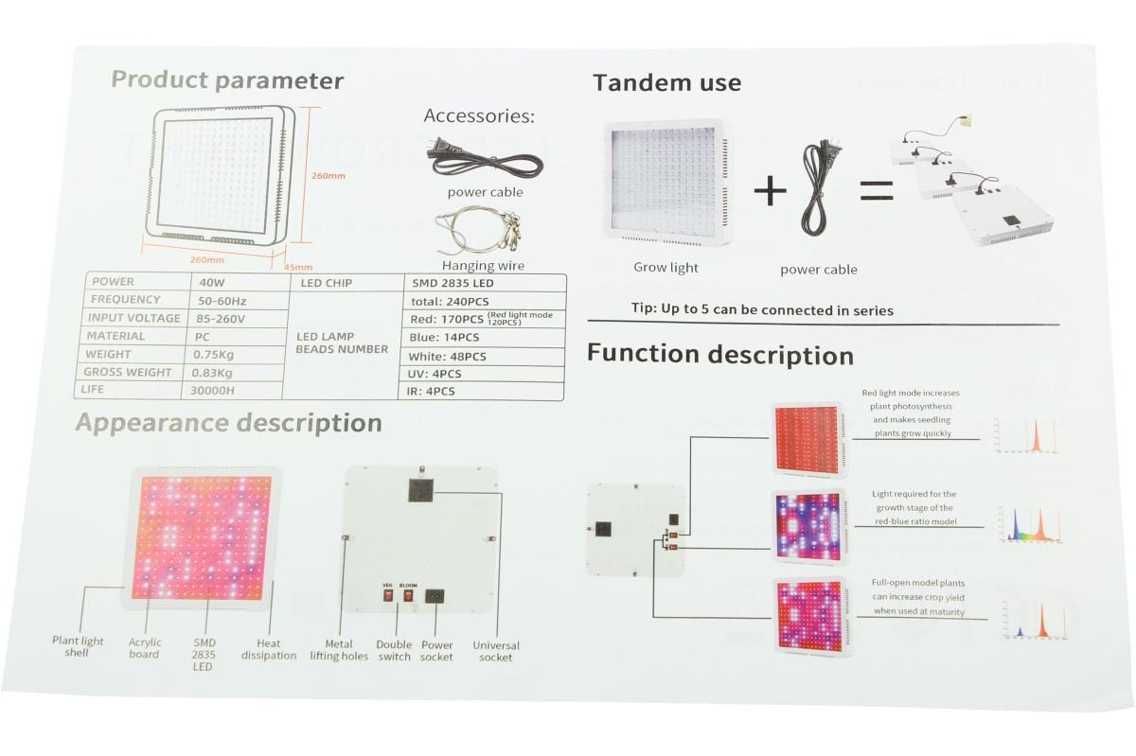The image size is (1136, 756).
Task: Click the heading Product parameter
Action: [227, 80]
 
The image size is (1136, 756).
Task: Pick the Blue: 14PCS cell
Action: [445, 337]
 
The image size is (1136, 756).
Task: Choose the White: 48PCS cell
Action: [448, 357]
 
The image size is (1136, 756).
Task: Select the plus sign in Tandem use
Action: [771, 190]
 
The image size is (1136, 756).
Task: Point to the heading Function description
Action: [719, 355]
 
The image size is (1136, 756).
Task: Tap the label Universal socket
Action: [496, 651]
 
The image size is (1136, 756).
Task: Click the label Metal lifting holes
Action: [339, 650]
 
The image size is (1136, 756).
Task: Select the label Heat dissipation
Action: [269, 649]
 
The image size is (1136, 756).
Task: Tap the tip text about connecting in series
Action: [762, 310]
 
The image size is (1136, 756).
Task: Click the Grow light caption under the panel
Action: [666, 268]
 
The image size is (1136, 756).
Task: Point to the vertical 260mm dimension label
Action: [328, 175]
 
